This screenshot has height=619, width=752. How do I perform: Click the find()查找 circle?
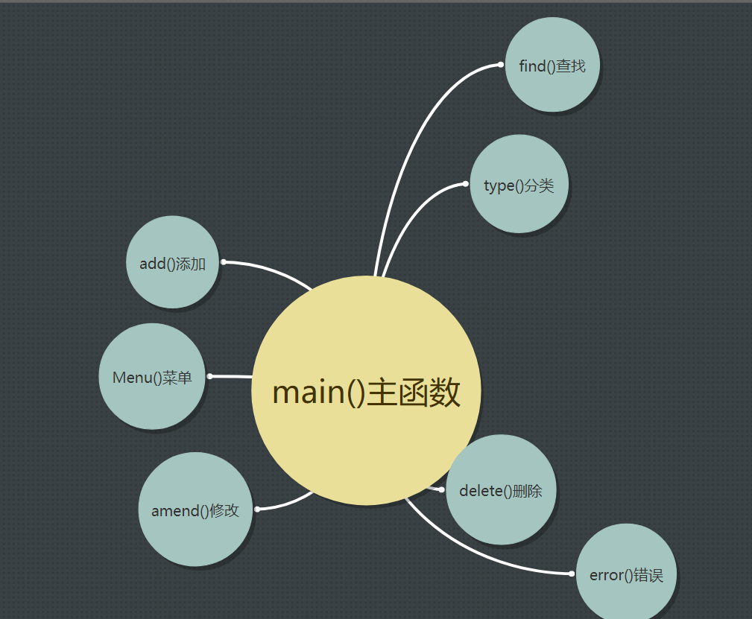[552, 66]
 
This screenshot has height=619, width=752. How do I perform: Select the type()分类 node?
[519, 184]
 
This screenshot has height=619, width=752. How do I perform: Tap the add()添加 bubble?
[172, 262]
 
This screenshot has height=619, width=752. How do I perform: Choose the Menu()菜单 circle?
[152, 377]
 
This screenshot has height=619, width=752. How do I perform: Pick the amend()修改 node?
[195, 510]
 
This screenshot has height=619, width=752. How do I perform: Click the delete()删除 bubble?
[501, 490]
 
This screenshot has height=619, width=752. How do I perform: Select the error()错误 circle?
[626, 574]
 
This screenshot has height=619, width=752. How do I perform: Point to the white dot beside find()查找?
[501, 65]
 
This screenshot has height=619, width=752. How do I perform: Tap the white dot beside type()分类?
[465, 183]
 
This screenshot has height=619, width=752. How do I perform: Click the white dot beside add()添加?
[224, 261]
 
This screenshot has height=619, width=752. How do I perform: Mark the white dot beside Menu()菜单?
[209, 376]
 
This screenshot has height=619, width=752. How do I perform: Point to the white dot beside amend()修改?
[257, 509]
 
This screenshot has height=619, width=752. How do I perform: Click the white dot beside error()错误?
[572, 574]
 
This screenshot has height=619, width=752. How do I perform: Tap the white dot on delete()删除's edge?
[441, 489]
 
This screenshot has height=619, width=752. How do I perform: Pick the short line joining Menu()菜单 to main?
[231, 377]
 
